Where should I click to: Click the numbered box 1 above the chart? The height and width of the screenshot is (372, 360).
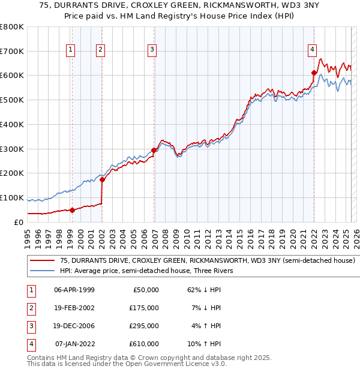coord(71,50)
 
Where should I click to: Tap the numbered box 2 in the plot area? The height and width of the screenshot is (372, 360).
coord(100,50)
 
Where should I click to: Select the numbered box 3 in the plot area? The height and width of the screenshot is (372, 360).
coord(152,50)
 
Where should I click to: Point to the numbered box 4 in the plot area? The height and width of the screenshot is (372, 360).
coord(313,50)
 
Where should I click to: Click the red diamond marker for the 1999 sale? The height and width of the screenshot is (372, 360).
coord(72,210)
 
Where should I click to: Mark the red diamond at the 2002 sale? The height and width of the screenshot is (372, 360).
coord(102,179)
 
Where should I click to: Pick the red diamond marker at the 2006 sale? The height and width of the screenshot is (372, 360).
coord(154,150)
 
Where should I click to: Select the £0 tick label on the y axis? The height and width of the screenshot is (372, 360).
coord(18,222)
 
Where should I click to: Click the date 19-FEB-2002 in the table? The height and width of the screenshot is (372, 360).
coord(74,307)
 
